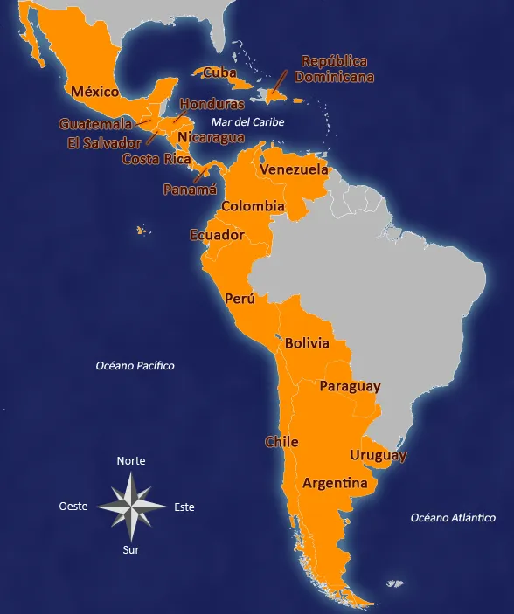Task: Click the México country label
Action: click(x=95, y=92)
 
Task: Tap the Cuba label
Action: click(x=220, y=72)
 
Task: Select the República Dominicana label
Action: click(x=334, y=69)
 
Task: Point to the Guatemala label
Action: click(x=95, y=124)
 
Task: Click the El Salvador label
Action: click(x=103, y=142)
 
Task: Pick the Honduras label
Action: click(x=212, y=105)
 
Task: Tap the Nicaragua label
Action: click(x=211, y=137)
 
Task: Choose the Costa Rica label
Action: click(x=156, y=159)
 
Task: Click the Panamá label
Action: click(x=190, y=189)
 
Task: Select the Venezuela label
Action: click(x=295, y=169)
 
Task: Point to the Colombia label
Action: click(x=253, y=207)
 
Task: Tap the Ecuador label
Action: click(x=217, y=235)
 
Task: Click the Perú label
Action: click(x=240, y=299)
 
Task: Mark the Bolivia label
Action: click(x=307, y=343)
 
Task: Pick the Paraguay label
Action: click(x=350, y=386)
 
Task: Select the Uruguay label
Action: click(x=378, y=455)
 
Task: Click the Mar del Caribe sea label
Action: click(x=247, y=122)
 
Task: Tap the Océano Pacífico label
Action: click(x=135, y=366)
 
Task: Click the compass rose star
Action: click(x=130, y=506)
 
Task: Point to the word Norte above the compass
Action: click(x=131, y=460)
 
